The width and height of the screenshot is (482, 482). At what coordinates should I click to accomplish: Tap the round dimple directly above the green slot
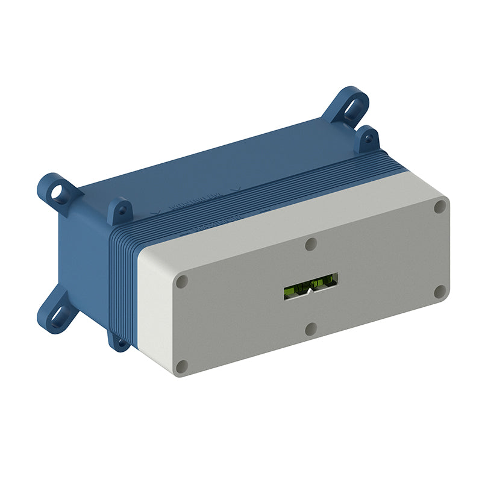tap(311, 243)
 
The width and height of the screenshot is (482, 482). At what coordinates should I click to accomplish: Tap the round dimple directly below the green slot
tap(311, 329)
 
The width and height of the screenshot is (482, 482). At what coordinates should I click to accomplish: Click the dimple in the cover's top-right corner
tap(440, 207)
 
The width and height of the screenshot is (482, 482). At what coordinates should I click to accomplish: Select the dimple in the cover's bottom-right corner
tap(440, 292)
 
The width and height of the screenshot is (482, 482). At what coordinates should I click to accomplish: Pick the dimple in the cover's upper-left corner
tap(182, 281)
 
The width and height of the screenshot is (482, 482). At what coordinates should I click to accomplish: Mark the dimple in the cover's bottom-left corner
tap(182, 366)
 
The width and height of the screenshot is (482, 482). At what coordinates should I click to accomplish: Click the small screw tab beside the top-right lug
tap(367, 140)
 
